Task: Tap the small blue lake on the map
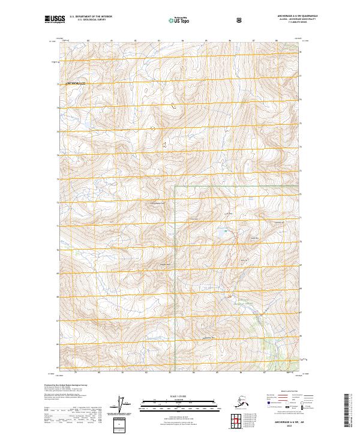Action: point(226,230)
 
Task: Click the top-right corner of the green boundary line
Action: point(299,187)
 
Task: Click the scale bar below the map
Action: point(179,402)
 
